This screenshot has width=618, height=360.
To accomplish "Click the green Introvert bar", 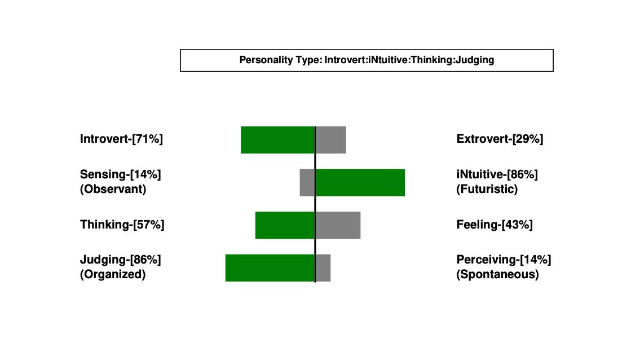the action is pyautogui.click(x=278, y=140).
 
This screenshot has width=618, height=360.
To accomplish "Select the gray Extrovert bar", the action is pyautogui.click(x=330, y=140).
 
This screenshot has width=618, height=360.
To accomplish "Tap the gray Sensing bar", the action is pyautogui.click(x=307, y=183).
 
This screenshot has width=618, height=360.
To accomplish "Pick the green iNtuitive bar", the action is pyautogui.click(x=360, y=183).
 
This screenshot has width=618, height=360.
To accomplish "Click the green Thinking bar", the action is pyautogui.click(x=285, y=225).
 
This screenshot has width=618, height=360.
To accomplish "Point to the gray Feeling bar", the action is pyautogui.click(x=338, y=225).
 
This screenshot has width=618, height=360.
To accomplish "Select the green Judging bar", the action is pyautogui.click(x=270, y=267).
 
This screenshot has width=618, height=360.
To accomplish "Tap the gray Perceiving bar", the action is pyautogui.click(x=323, y=267).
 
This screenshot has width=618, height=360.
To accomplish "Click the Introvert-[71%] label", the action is pyautogui.click(x=121, y=139).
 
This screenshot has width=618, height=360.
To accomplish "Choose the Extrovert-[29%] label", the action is pyautogui.click(x=500, y=139).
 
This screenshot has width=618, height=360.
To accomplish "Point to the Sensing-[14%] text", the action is pyautogui.click(x=121, y=174).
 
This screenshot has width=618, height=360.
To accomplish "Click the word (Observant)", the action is pyautogui.click(x=113, y=189).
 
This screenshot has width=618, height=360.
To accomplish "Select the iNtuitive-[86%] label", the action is pyautogui.click(x=497, y=174).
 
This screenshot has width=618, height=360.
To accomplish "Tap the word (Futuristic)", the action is pyautogui.click(x=487, y=189).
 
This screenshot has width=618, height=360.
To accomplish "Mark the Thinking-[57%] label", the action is pyautogui.click(x=122, y=225).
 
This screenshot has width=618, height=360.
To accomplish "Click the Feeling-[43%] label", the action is pyautogui.click(x=495, y=225).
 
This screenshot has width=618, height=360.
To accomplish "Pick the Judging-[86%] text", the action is pyautogui.click(x=121, y=260).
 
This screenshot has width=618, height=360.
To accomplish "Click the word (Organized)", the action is pyautogui.click(x=113, y=274).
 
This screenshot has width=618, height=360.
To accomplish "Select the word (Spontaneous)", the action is pyautogui.click(x=498, y=274).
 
